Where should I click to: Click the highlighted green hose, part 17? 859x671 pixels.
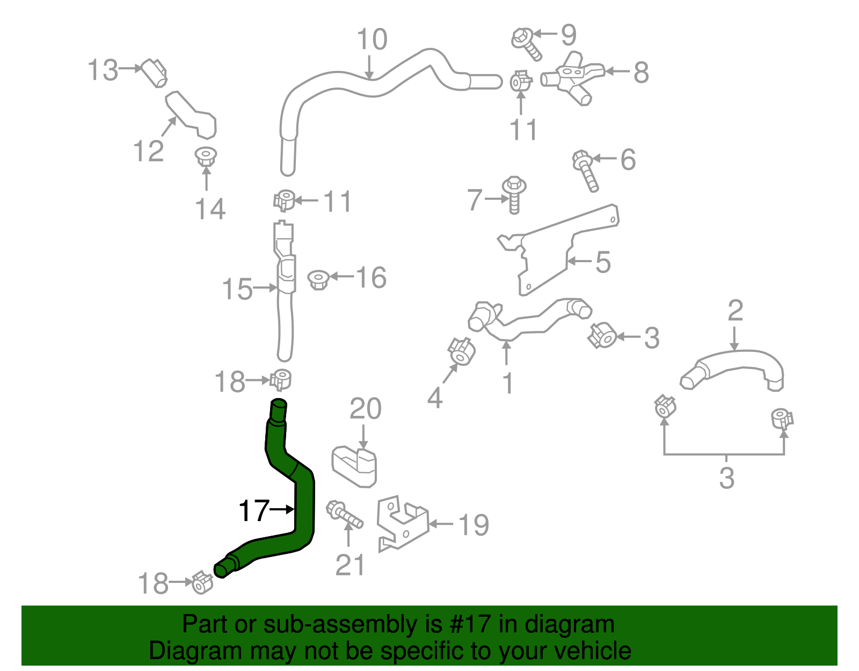coord(304,505)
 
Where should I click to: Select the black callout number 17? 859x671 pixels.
coord(253,510)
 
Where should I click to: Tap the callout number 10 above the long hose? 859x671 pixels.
coord(372,40)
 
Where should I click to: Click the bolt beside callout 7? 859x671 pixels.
coord(514,194)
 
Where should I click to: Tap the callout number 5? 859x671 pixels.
coord(603,262)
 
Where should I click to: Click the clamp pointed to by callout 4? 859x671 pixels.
coord(462,352)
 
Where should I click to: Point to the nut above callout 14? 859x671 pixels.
coord(206,156)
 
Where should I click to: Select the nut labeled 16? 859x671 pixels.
coord(318,279)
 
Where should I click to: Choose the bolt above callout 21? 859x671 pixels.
coord(344,514)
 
